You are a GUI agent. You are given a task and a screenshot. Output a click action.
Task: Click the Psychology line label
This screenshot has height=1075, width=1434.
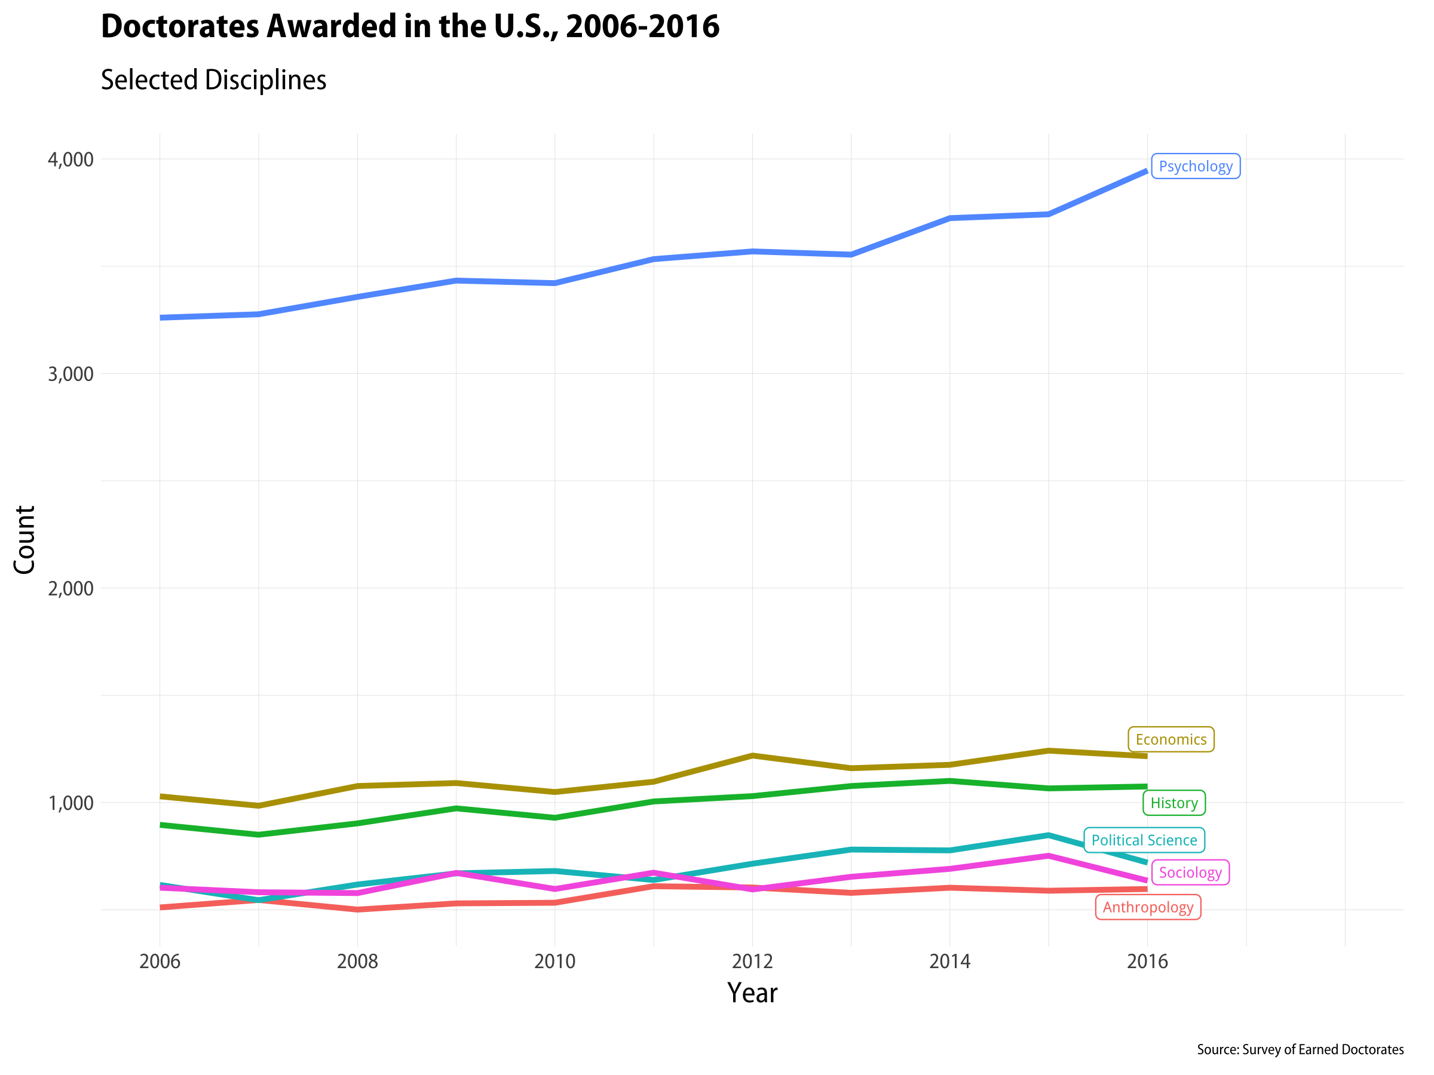1195,167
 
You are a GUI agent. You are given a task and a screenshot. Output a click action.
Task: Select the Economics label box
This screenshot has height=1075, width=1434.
1170,739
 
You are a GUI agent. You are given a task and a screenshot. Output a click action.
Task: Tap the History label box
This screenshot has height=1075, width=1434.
1173,803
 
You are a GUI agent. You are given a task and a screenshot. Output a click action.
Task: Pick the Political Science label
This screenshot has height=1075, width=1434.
1144,840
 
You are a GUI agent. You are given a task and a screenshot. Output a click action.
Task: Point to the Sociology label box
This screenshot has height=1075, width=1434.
1190,872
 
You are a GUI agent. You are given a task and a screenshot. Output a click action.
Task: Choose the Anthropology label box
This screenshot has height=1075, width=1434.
1147,907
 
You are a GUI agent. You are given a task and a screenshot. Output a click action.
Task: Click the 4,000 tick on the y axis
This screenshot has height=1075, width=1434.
71,159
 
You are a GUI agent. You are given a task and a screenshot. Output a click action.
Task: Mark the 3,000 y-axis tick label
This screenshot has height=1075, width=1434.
71,374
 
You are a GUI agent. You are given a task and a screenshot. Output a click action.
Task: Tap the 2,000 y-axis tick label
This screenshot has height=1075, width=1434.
71,588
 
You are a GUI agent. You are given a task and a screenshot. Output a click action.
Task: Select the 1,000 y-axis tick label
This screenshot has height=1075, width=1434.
71,803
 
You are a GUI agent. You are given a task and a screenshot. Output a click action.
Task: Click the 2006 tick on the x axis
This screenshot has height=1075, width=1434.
160,961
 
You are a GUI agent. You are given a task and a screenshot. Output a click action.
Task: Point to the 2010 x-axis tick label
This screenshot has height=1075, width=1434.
554,961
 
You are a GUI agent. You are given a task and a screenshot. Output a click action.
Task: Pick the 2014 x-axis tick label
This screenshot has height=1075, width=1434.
950,961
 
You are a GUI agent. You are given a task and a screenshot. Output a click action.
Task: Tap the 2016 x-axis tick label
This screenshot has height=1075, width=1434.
1147,961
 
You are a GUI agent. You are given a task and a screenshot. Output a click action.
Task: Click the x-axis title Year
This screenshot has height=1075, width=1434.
752,993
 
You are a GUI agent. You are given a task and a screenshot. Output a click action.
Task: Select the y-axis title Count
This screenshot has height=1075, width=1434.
24,540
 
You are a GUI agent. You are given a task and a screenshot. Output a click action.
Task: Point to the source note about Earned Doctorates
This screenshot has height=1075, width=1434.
1300,1050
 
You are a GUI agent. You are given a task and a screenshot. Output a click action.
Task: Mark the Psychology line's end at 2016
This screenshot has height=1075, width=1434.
1146,171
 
